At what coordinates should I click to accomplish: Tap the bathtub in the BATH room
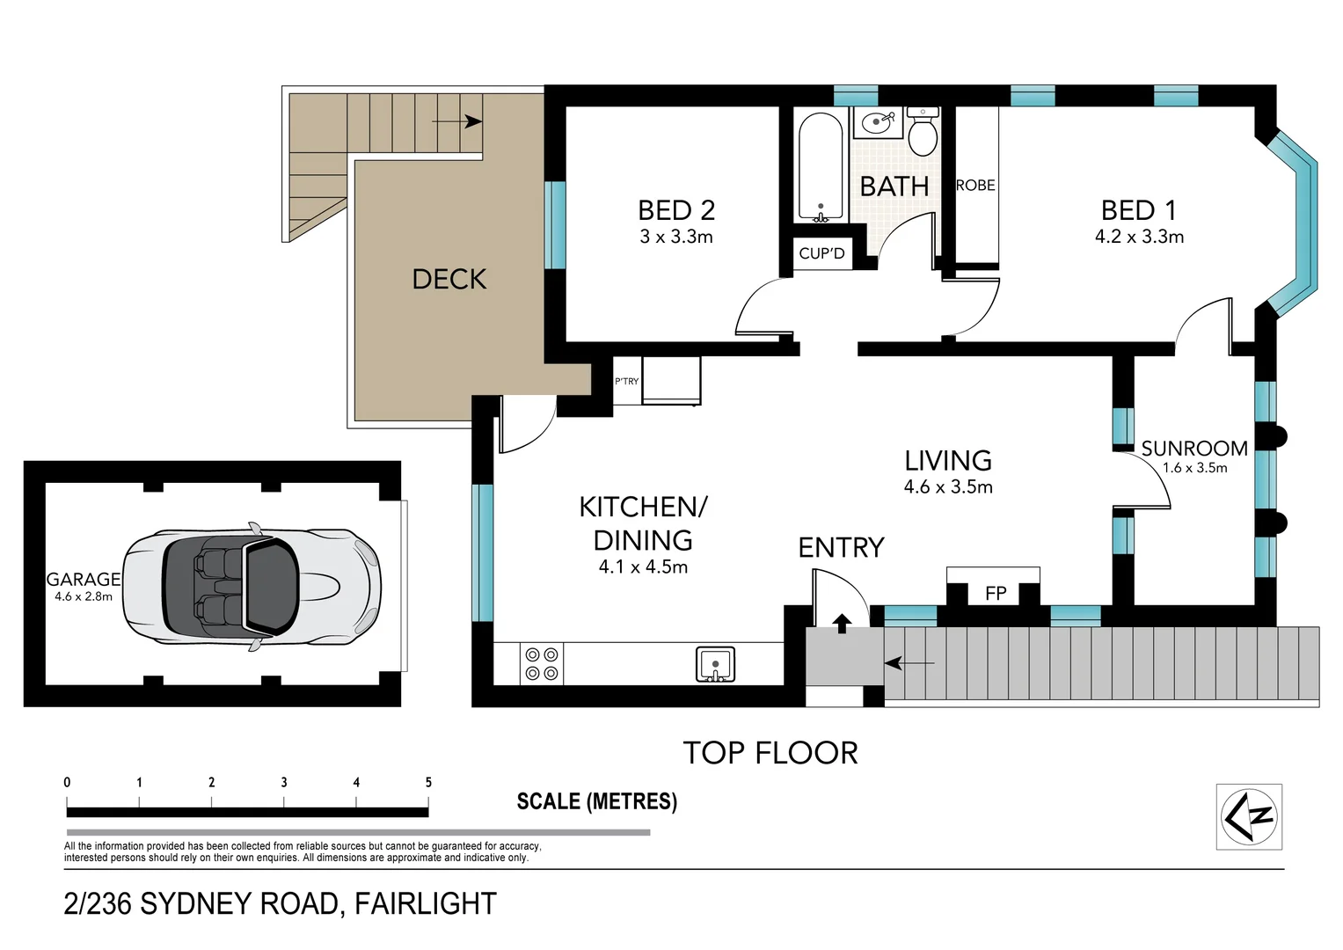pos(821,167)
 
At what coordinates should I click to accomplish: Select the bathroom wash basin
pos(879,123)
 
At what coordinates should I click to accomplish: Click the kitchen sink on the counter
pos(715,664)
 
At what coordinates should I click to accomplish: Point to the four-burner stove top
pos(542,663)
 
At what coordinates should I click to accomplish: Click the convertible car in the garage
pos(252,588)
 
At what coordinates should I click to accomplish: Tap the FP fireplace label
pos(996,594)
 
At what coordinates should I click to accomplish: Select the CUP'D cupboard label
pos(821,253)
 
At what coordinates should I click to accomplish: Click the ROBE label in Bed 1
pos(975,186)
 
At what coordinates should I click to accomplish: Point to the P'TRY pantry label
pos(626,381)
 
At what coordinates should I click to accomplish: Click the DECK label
pos(449,280)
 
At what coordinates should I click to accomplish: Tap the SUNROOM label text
pos(1194,448)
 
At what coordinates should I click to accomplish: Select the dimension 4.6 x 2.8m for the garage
pos(84,596)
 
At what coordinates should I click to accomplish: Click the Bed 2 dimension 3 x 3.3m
pos(676,237)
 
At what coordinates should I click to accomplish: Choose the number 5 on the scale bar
pos(428,782)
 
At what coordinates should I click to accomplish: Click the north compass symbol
pos(1249,817)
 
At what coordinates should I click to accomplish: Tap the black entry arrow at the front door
pos(842,624)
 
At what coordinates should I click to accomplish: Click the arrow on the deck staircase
pos(456,121)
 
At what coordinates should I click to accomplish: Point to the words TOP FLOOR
pos(770,753)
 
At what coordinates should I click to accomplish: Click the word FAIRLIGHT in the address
pos(426,904)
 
